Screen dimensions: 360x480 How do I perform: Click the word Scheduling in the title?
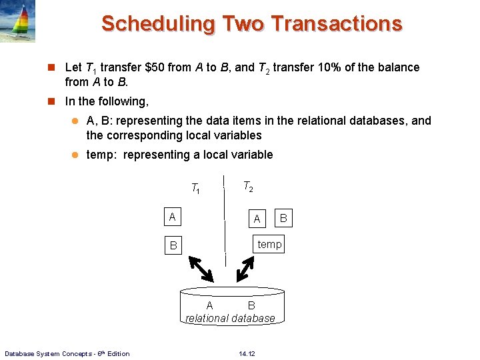coord(157,24)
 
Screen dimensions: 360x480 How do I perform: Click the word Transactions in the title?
coord(336,24)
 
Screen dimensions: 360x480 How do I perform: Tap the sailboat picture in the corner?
coord(17,21)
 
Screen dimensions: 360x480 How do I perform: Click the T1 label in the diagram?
coord(196,189)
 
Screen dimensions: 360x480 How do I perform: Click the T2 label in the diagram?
coord(247,187)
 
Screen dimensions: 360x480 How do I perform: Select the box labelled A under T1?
coord(173,217)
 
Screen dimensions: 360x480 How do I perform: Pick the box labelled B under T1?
coord(173,245)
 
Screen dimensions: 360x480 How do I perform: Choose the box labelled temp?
coord(269,245)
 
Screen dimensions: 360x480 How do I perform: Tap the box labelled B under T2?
coord(283,217)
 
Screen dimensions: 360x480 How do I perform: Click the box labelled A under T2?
coord(256,218)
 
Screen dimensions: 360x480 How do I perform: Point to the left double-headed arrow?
coord(200,268)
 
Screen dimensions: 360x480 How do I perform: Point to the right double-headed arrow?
coord(245,268)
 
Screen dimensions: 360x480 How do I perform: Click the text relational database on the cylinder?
coord(230,319)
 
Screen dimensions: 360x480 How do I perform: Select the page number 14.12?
coord(247,353)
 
